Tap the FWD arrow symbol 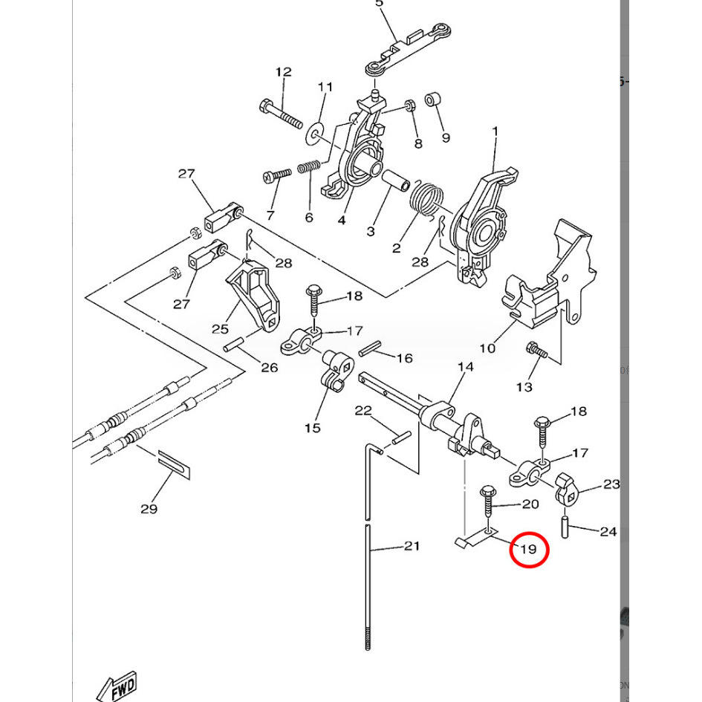tap(117, 687)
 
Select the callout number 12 tap(283, 71)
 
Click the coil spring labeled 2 tap(426, 199)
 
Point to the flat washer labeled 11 tap(315, 133)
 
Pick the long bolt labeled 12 tap(281, 114)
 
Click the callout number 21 tap(412, 546)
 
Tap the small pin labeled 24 tap(565, 527)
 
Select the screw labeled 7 tap(277, 175)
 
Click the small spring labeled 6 tap(309, 166)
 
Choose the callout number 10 tap(487, 348)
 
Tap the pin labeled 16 tap(370, 348)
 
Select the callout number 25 tap(220, 329)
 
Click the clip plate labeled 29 tap(174, 466)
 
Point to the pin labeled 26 tap(233, 344)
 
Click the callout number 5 tap(379, 4)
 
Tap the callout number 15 tap(313, 428)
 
